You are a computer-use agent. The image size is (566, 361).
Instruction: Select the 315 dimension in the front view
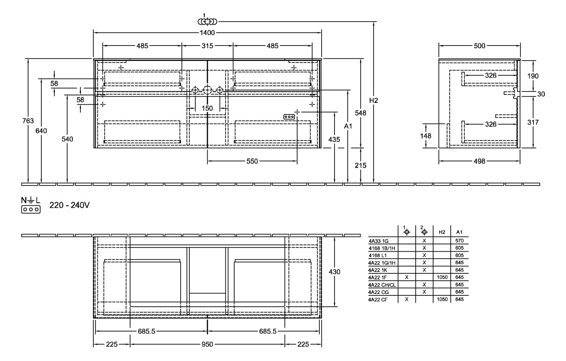click(208, 46)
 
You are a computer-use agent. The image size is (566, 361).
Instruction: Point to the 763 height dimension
click(28, 121)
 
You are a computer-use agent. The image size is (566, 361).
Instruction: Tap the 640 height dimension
click(41, 131)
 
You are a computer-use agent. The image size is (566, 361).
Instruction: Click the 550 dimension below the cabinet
click(252, 161)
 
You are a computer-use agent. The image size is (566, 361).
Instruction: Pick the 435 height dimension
click(338, 139)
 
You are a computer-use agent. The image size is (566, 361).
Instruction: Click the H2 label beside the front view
click(374, 101)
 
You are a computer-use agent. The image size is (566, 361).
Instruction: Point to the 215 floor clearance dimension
click(361, 165)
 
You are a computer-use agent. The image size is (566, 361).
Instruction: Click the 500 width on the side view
click(479, 46)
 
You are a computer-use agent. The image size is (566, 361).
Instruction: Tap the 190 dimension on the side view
click(533, 75)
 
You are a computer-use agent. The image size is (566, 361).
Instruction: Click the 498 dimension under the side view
click(479, 161)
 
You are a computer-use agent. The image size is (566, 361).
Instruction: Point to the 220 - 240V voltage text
click(69, 205)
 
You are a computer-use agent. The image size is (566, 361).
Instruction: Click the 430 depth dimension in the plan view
click(335, 272)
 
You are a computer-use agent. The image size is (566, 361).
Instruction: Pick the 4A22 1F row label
click(378, 277)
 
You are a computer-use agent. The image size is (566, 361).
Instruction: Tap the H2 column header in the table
click(441, 232)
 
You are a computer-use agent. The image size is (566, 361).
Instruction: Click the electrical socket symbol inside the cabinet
click(289, 117)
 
